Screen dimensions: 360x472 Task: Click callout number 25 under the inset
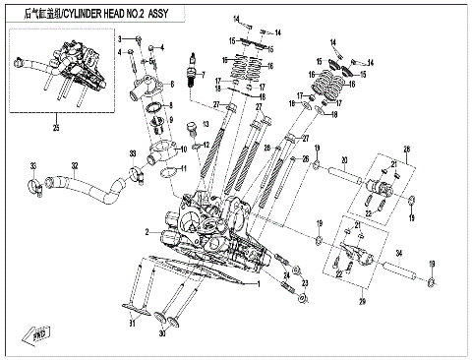56,129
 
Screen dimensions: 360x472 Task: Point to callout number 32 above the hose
75,165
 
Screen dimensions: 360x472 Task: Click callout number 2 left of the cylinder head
146,232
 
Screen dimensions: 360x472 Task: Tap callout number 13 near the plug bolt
206,125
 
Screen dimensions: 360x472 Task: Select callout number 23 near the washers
305,283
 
